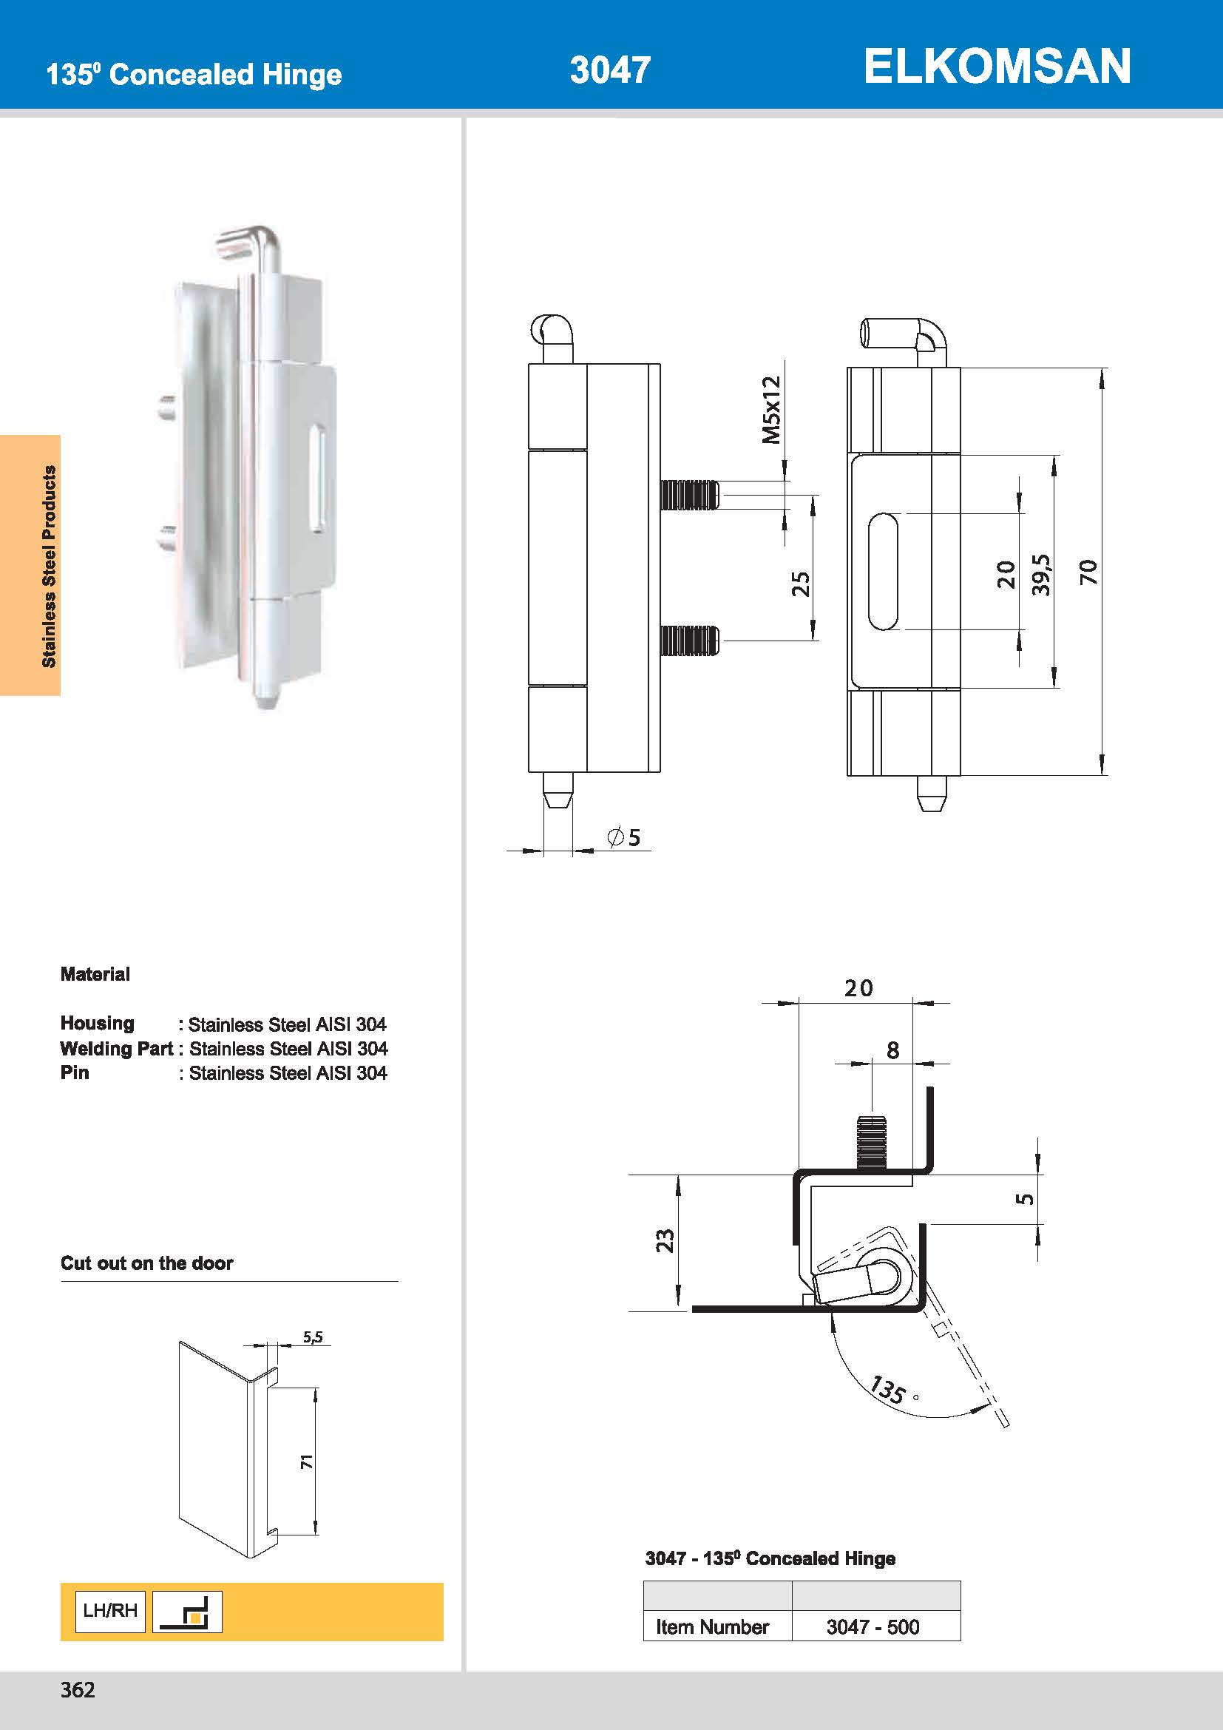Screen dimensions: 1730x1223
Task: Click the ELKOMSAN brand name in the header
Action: point(996,67)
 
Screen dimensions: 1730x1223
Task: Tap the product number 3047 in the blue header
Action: point(610,70)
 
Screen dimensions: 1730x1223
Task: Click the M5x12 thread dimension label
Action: point(771,410)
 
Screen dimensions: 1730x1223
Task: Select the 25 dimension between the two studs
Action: point(800,584)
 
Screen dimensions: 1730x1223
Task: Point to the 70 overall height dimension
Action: point(1088,572)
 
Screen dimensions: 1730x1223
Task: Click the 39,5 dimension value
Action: point(1041,574)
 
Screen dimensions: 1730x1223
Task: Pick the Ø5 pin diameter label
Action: point(624,837)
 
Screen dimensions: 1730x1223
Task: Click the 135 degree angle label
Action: point(888,1390)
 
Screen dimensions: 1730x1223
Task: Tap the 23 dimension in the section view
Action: point(665,1240)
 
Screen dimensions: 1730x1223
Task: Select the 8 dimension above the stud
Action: point(892,1050)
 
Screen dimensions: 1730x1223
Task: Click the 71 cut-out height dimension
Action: point(307,1462)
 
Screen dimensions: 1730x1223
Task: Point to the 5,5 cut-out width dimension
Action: point(313,1337)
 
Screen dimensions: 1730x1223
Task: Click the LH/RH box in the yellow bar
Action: point(110,1611)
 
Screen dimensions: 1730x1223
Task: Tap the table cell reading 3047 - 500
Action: point(872,1626)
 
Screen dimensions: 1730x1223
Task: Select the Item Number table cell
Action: point(711,1626)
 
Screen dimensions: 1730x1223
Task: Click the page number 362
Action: point(78,1690)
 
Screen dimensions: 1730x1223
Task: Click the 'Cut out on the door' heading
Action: point(147,1263)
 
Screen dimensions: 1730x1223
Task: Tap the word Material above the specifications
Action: point(95,974)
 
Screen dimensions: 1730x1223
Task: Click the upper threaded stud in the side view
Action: point(689,495)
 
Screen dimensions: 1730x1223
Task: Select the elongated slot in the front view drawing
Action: point(883,572)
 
